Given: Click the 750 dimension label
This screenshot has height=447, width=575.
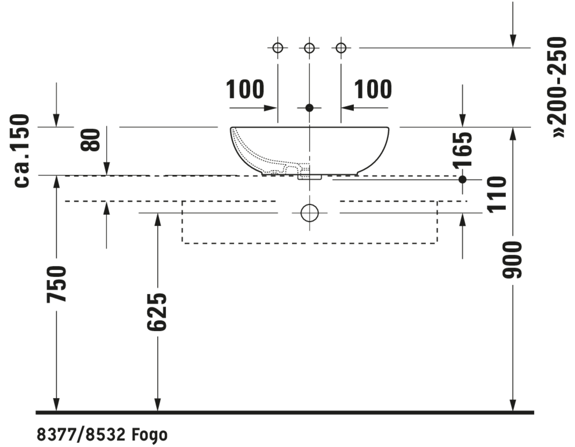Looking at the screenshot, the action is (56, 284).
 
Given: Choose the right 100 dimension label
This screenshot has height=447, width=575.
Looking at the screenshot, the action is (373, 89).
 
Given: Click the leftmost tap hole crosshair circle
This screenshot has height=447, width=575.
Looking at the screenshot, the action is (278, 48).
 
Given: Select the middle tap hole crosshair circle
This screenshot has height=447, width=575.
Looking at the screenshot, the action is (309, 48).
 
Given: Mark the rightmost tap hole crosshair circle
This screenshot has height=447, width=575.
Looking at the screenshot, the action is (341, 48).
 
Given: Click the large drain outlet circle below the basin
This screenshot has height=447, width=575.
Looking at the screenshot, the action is (310, 213).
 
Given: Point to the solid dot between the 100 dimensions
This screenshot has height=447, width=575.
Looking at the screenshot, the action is (309, 108).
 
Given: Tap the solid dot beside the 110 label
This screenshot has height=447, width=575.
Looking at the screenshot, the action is (462, 180).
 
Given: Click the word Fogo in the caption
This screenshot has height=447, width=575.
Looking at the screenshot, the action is (149, 435).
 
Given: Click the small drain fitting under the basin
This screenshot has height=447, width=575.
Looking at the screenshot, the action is (310, 177).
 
